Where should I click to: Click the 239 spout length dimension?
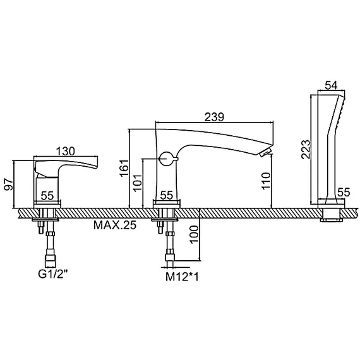(x=214, y=117)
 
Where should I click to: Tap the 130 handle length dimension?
(x=66, y=152)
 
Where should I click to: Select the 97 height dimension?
(x=9, y=184)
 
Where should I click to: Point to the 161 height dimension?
(x=124, y=168)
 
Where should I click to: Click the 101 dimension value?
(x=138, y=183)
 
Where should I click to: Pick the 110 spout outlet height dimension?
(x=266, y=181)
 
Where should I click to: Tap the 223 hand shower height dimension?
(x=306, y=149)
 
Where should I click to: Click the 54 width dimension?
(x=332, y=85)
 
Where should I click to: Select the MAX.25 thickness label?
(x=115, y=225)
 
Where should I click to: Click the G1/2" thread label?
(x=53, y=274)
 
